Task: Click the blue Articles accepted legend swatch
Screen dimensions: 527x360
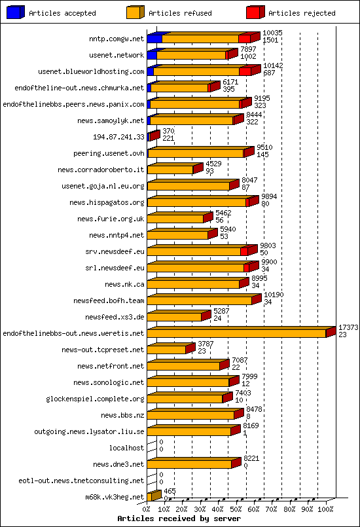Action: coord(15,12)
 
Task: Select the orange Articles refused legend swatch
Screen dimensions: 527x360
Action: coord(135,12)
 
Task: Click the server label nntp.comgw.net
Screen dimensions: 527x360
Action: coord(116,39)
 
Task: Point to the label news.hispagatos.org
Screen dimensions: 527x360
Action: coord(107,202)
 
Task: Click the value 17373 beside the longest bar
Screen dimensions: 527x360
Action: coord(348,327)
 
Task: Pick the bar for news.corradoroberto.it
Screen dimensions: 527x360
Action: coord(171,170)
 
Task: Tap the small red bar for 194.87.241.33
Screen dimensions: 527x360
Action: coord(153,136)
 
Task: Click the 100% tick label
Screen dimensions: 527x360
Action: coord(325,508)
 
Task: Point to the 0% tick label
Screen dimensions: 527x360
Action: coord(147,508)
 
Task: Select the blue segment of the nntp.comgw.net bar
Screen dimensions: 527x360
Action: coord(154,39)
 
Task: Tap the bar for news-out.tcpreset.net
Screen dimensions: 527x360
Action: coord(167,350)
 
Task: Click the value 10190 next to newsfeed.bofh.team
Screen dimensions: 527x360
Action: coord(274,295)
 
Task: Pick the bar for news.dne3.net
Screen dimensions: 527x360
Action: coord(190,464)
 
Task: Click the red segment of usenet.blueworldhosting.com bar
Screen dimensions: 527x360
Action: coord(245,71)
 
